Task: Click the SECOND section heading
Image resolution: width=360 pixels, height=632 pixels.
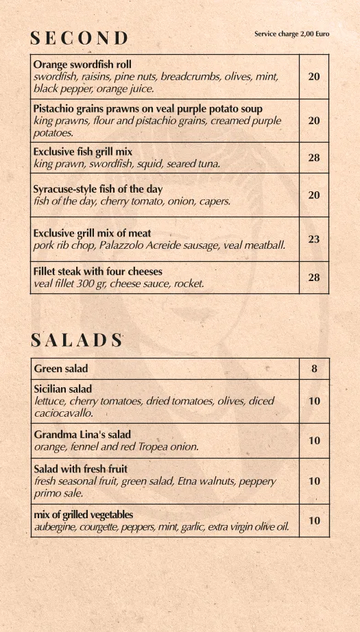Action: (x=80, y=38)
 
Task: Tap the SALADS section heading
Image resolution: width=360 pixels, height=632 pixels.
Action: (x=77, y=340)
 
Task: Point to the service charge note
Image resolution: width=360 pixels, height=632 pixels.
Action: (x=291, y=34)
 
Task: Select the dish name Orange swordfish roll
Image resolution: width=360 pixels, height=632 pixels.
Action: (x=82, y=64)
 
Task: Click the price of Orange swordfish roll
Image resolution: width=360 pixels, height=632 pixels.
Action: (x=314, y=77)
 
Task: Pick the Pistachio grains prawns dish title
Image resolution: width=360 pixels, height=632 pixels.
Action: (x=147, y=109)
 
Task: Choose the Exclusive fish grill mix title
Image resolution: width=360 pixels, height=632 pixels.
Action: (x=83, y=151)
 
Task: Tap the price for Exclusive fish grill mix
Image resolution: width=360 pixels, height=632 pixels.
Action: (x=314, y=158)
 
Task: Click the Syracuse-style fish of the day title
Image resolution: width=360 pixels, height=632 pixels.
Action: (x=98, y=189)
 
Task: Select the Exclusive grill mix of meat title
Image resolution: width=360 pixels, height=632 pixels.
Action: (x=92, y=233)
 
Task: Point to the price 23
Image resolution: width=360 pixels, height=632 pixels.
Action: (x=314, y=239)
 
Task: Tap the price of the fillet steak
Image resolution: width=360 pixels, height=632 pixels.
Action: (x=314, y=277)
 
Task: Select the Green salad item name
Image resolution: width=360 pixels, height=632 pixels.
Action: (x=61, y=369)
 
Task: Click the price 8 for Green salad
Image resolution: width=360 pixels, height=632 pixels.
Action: (x=314, y=369)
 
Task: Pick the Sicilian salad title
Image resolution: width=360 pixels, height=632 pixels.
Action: (x=63, y=389)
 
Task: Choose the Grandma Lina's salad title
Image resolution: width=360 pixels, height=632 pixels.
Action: (x=82, y=435)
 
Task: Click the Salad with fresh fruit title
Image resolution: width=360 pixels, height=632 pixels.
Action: (x=81, y=470)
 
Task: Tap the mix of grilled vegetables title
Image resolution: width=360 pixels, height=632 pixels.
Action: (x=84, y=515)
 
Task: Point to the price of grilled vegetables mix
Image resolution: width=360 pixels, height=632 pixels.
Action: (x=314, y=521)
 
